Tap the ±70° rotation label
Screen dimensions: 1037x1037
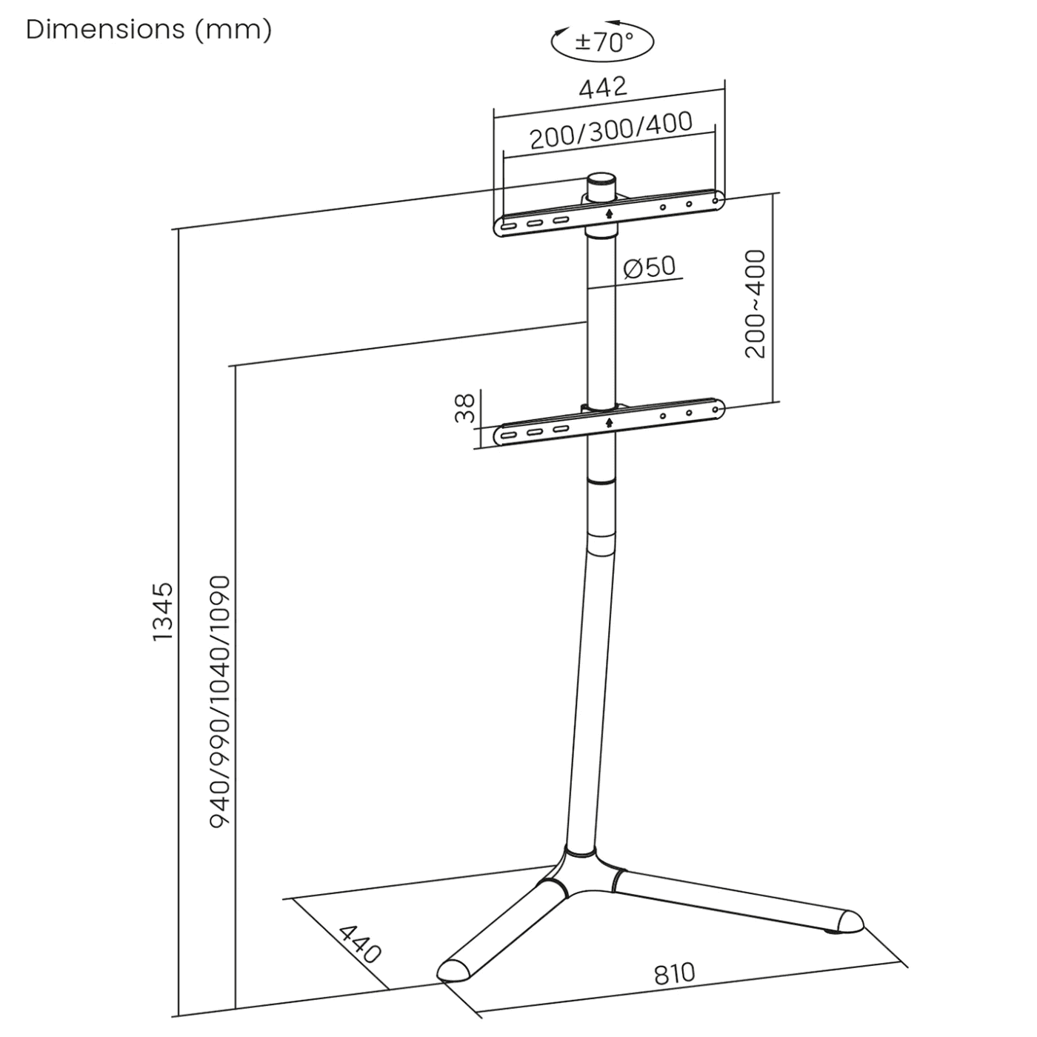point(604,42)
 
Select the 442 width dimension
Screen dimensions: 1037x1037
point(603,87)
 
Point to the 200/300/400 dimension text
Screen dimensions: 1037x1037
point(611,130)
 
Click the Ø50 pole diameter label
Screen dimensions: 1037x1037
point(650,267)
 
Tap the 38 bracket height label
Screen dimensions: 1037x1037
point(464,408)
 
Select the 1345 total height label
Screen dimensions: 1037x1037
point(162,612)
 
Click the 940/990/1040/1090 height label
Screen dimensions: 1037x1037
point(220,701)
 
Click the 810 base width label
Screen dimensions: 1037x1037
point(674,973)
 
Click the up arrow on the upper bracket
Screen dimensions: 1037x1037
point(609,213)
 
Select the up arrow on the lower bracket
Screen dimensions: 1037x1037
point(609,422)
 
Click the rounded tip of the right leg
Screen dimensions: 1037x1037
point(849,921)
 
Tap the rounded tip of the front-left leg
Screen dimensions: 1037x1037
point(450,970)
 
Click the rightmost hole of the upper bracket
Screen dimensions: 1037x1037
point(715,200)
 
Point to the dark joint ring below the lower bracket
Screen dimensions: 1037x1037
point(601,481)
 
